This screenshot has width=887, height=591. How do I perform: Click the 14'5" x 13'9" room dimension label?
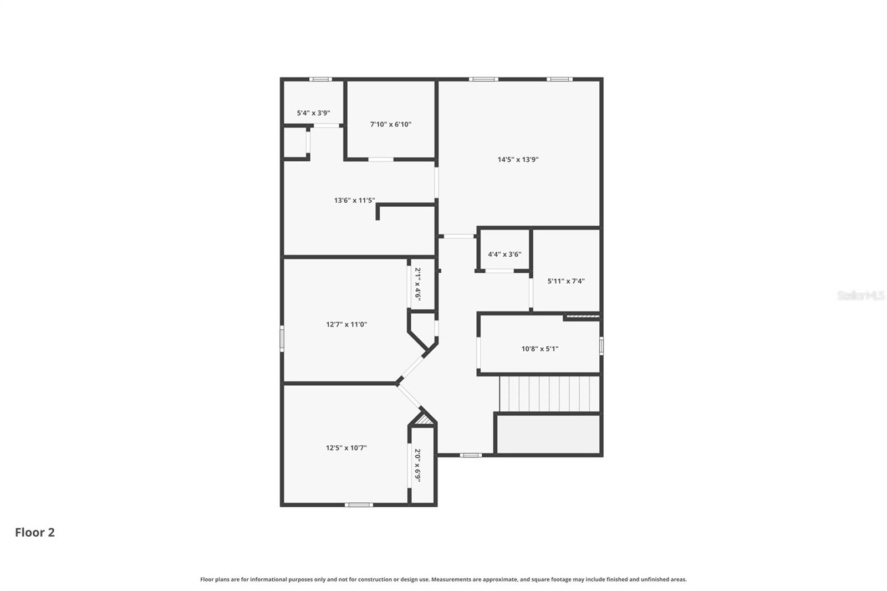[518, 160]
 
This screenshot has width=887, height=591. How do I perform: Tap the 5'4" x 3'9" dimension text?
[313, 113]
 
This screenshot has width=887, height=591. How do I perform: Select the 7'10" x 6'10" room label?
[390, 124]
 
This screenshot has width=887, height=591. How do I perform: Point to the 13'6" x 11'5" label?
[354, 200]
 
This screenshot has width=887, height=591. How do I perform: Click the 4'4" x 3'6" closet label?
[504, 254]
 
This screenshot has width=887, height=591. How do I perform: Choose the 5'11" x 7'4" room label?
[565, 281]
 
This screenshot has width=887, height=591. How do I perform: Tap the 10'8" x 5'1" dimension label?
[539, 349]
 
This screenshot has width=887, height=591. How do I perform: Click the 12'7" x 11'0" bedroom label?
[346, 324]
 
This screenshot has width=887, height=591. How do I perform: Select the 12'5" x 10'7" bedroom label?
[346, 447]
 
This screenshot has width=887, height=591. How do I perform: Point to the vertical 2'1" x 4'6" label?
[418, 284]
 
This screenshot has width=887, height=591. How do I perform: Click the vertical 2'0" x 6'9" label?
[418, 465]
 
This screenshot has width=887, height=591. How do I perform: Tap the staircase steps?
[549, 394]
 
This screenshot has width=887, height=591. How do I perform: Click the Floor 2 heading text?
[35, 532]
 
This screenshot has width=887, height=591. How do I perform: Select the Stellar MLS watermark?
[860, 295]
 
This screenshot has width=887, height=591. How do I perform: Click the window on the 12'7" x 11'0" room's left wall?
[282, 338]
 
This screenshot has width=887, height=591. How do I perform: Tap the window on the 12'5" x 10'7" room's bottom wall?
[359, 505]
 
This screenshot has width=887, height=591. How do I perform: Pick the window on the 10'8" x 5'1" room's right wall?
[601, 347]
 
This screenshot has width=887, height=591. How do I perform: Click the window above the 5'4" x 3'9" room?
[320, 79]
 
